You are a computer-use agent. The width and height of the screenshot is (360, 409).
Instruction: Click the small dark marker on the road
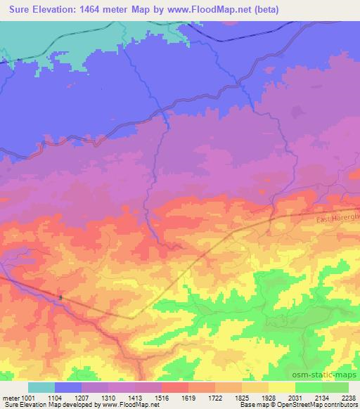(x=60, y=297)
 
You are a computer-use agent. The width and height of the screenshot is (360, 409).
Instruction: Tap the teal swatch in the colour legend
(x=41, y=387)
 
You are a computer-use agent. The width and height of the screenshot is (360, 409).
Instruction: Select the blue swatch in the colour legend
(x=69, y=387)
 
